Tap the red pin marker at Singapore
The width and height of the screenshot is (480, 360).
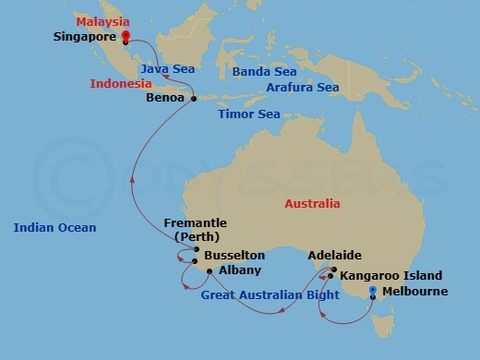125,38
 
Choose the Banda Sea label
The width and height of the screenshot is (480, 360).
264,71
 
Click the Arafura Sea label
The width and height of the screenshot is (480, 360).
302,88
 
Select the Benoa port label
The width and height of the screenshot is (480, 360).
165,96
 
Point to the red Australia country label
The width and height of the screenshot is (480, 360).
311,204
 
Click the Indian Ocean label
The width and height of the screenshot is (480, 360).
54,227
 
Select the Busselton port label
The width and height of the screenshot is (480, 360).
234,255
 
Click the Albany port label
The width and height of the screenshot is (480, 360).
240,270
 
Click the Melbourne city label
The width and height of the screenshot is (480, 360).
412,292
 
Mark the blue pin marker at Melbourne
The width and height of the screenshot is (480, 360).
372,292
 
